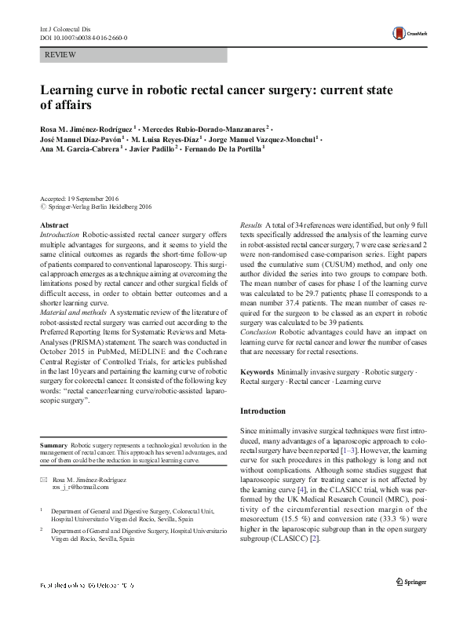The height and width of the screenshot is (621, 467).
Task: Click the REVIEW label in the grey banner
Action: click(x=61, y=56)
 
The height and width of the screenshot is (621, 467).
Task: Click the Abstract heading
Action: click(x=53, y=225)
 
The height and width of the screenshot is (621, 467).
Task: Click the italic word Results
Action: click(x=251, y=225)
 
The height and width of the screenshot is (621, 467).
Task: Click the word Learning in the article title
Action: click(x=70, y=89)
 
